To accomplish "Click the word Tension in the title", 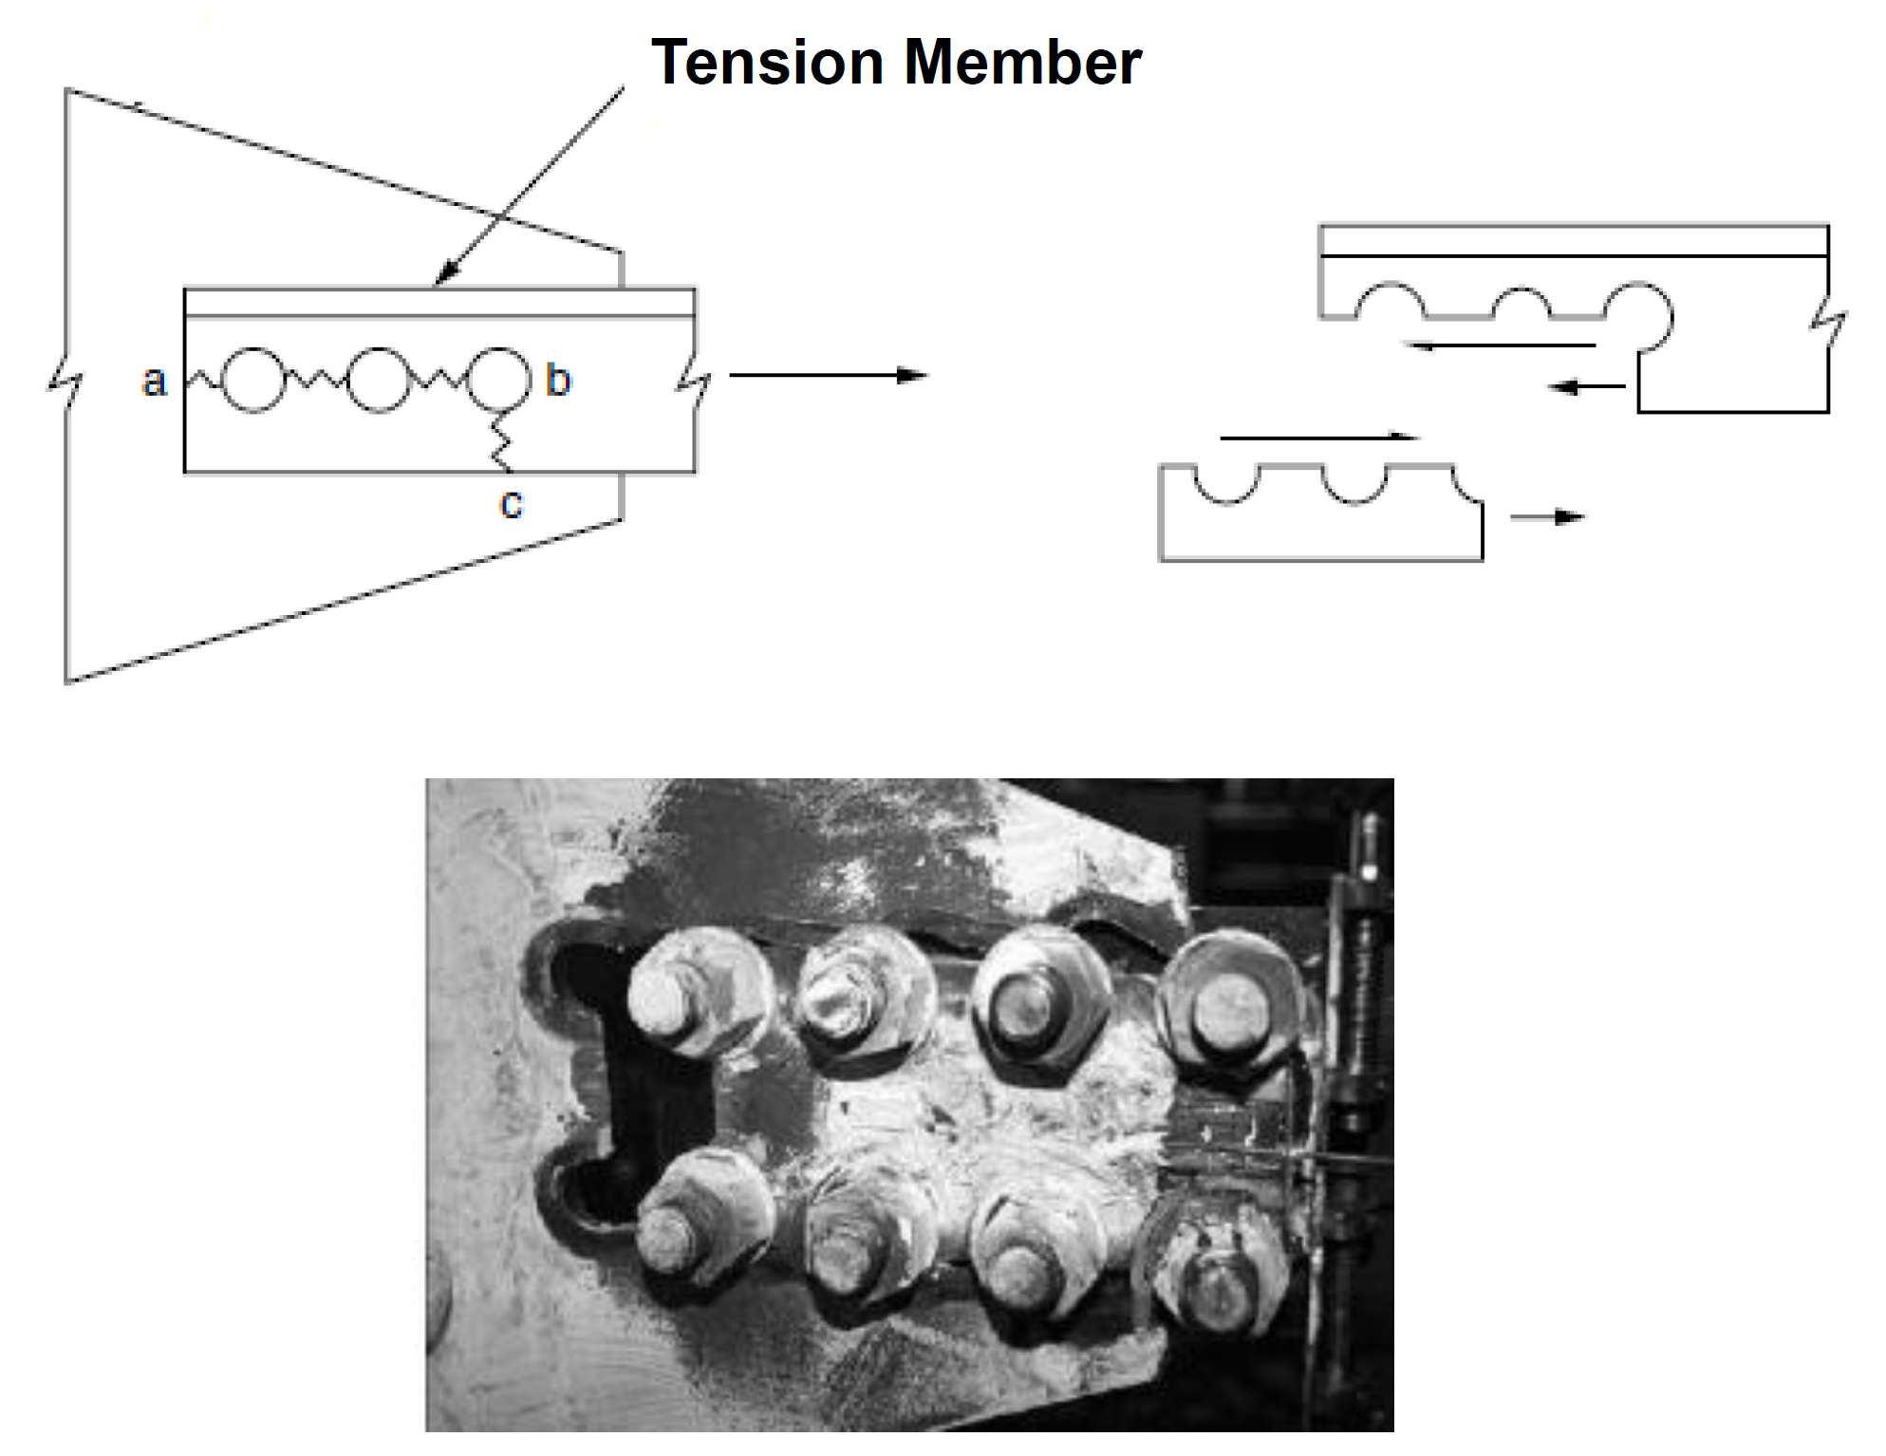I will click(x=767, y=63).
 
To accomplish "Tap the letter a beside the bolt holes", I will click(x=154, y=382).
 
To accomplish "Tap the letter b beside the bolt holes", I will click(x=558, y=381).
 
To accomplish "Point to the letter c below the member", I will click(x=511, y=503).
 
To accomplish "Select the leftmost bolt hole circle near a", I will click(x=252, y=380).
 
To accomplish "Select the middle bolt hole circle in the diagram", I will click(x=378, y=380).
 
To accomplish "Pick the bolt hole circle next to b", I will click(x=499, y=379).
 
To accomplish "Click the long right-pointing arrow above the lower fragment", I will click(x=1319, y=438).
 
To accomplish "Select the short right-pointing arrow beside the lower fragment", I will click(x=1547, y=517).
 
